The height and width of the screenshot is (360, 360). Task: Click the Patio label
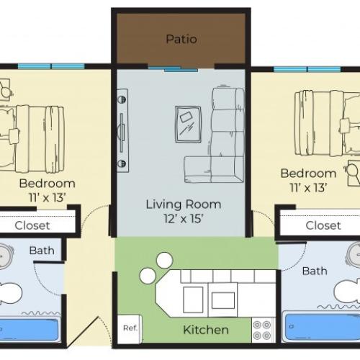point(181,39)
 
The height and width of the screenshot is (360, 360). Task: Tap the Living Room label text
point(184,204)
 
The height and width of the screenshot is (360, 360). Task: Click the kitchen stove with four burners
point(263,330)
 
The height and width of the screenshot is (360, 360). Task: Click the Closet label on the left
point(32,225)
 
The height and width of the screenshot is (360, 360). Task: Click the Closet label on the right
point(323,225)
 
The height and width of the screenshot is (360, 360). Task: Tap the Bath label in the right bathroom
point(315,271)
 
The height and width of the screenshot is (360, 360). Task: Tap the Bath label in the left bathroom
point(41,251)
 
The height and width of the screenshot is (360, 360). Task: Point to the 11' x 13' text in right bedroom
point(308,187)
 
